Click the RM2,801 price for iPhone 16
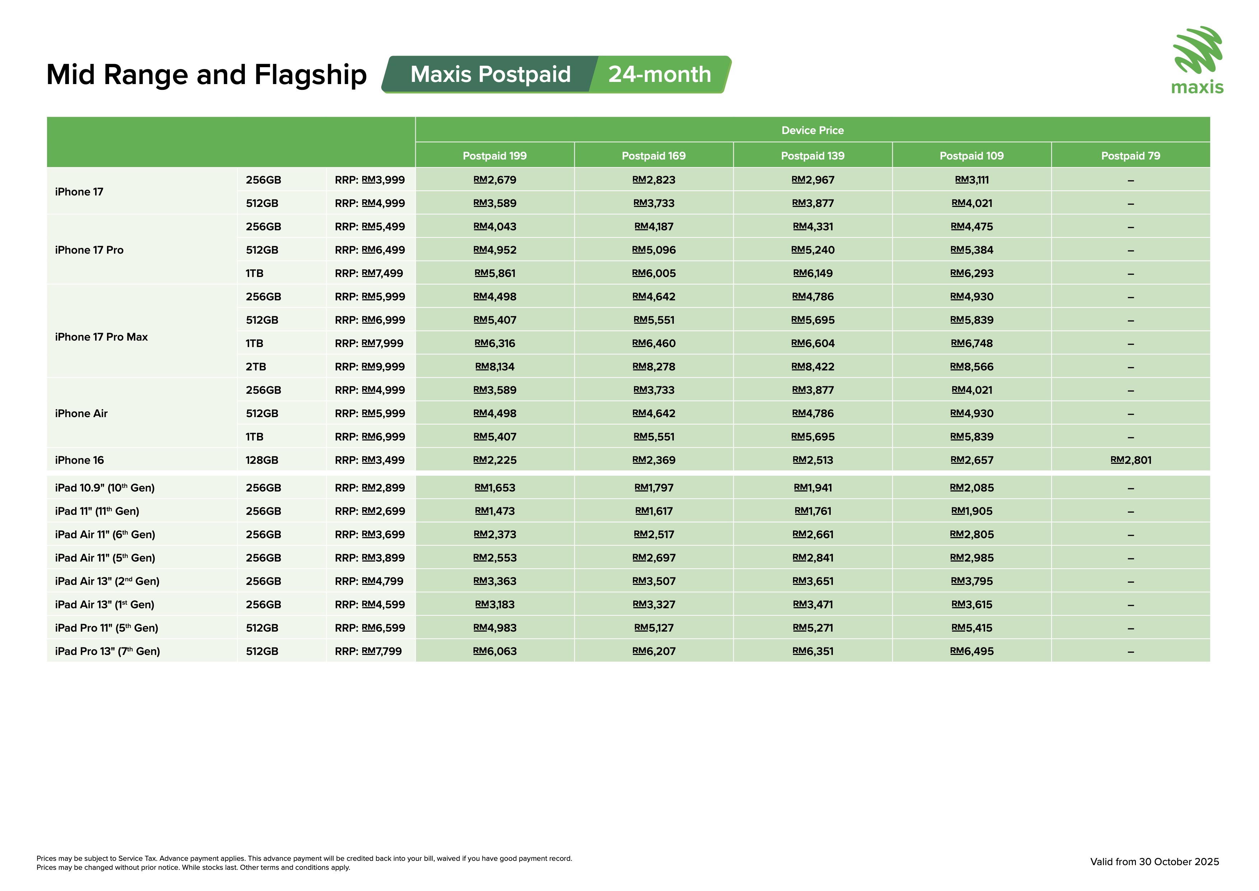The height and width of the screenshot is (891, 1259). (x=1131, y=460)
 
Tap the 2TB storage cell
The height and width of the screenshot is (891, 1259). (x=256, y=366)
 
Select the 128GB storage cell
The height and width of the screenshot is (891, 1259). (x=262, y=460)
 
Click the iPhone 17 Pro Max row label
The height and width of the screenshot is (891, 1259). (x=102, y=337)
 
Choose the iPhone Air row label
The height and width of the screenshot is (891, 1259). (x=81, y=414)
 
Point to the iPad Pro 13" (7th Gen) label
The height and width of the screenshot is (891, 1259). (x=107, y=651)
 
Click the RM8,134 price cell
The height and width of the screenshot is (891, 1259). (x=495, y=366)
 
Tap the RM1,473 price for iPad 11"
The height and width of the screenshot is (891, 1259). (x=495, y=511)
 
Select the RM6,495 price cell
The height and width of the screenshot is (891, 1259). (x=972, y=651)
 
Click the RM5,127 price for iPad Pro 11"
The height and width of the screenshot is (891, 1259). (x=654, y=628)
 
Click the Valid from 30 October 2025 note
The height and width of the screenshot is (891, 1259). (x=1154, y=862)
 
